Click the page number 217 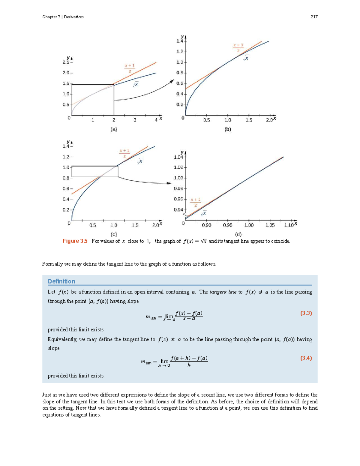(314, 17)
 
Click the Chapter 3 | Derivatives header (63, 17)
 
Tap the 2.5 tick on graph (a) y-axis (66, 62)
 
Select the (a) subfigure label (114, 129)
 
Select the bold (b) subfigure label (228, 129)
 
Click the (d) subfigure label (238, 234)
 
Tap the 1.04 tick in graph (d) (178, 157)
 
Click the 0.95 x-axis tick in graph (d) (227, 225)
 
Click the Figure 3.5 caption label (75, 241)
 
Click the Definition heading (61, 281)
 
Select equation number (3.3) (306, 313)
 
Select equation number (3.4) (306, 358)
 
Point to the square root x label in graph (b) (246, 58)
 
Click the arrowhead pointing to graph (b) (172, 81)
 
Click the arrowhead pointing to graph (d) (169, 183)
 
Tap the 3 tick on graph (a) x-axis (135, 120)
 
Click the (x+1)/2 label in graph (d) (195, 202)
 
